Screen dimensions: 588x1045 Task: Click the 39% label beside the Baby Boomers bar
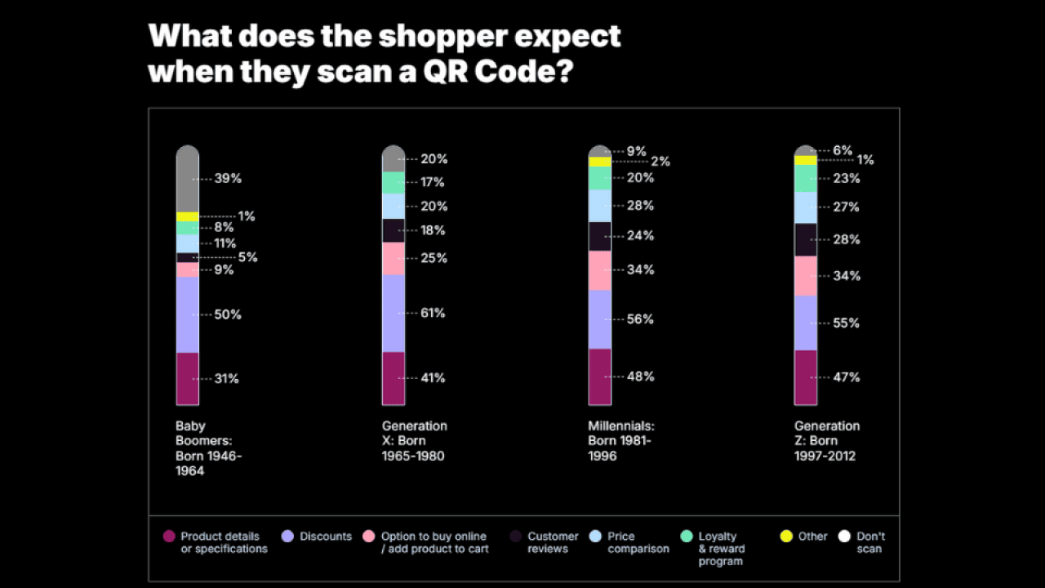click(228, 178)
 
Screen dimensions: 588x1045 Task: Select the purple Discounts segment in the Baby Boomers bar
click(187, 314)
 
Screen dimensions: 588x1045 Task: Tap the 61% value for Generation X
click(433, 313)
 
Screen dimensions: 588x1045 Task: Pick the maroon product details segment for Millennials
click(599, 376)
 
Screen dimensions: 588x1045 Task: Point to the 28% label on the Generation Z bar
click(846, 239)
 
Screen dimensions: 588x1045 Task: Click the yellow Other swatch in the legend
click(786, 537)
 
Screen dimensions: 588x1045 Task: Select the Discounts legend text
click(325, 537)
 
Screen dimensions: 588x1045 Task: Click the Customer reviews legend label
click(553, 542)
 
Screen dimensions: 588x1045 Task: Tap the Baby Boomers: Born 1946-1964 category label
click(208, 448)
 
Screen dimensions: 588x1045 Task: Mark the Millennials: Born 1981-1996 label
click(620, 441)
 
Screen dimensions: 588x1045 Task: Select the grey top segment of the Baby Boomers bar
click(187, 180)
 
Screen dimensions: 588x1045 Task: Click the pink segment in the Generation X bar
click(394, 258)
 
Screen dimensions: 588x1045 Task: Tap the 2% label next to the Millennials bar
click(660, 162)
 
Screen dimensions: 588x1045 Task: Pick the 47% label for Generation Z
click(846, 377)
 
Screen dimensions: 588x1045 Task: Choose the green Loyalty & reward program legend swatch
click(687, 537)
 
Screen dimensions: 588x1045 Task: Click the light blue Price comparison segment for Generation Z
click(806, 207)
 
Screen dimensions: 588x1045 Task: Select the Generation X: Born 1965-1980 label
click(414, 441)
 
